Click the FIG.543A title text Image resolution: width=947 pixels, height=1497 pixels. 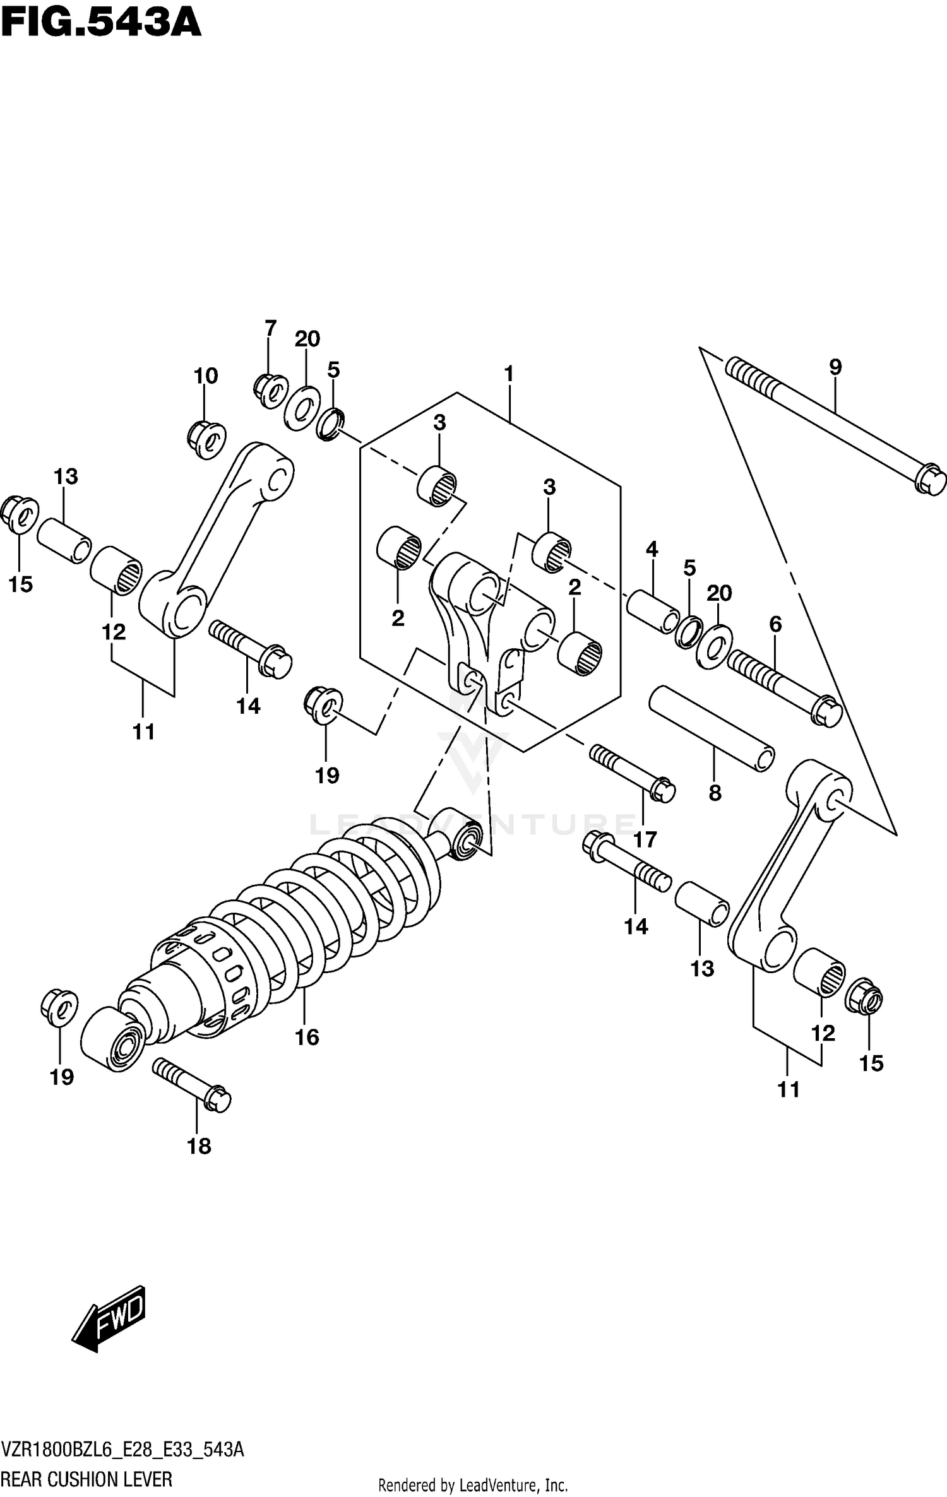[x=101, y=23]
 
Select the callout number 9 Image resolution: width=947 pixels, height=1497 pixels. [x=835, y=367]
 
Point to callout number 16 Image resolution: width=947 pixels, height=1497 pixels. [x=307, y=1037]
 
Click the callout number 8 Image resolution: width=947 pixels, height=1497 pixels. [x=715, y=793]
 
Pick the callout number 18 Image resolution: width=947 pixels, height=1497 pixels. [x=199, y=1146]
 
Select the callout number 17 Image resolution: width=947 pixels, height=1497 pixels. [x=645, y=839]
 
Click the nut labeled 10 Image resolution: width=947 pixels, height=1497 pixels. [x=206, y=438]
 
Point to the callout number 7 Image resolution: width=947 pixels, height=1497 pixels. [x=270, y=328]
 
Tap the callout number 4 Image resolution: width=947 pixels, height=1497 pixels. [x=652, y=549]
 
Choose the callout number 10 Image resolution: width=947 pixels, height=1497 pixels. [x=206, y=376]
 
